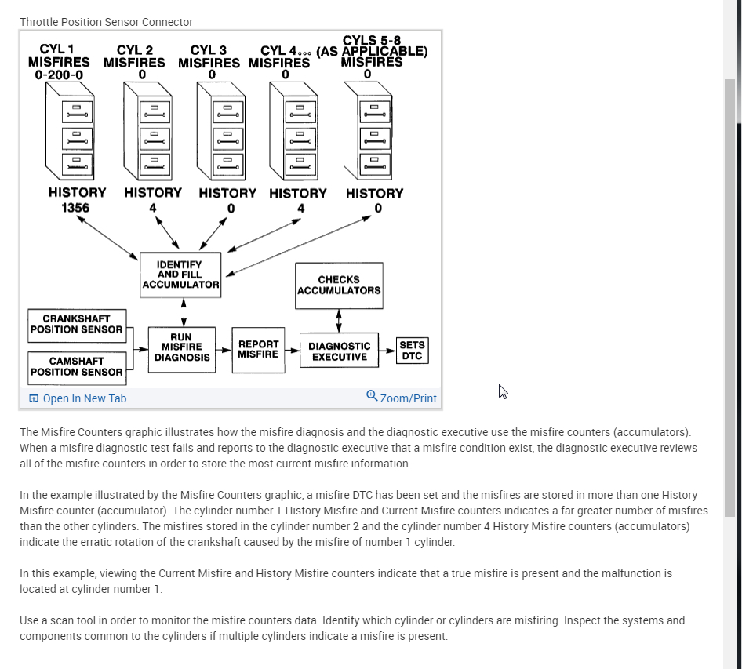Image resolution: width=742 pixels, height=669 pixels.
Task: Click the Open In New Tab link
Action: click(84, 398)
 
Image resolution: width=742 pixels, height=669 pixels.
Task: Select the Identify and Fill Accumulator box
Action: click(180, 275)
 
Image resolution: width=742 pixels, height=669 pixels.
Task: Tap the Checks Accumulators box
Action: click(339, 285)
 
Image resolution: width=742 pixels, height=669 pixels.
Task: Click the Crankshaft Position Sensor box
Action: click(76, 324)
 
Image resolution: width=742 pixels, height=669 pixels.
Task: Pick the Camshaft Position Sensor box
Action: click(76, 366)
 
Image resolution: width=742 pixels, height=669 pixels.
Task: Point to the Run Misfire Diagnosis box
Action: click(182, 347)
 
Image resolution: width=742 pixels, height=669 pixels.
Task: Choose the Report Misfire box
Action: click(258, 349)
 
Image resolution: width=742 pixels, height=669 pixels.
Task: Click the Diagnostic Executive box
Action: click(339, 351)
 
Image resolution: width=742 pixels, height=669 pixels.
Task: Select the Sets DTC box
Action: click(412, 350)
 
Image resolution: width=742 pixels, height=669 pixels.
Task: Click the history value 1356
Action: click(75, 208)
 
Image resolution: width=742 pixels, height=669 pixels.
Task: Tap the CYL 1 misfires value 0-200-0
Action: click(58, 75)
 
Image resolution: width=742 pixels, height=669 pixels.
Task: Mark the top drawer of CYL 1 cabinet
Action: click(77, 111)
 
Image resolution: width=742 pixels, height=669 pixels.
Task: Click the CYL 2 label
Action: click(135, 50)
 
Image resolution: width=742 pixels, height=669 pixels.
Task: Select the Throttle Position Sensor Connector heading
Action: click(106, 22)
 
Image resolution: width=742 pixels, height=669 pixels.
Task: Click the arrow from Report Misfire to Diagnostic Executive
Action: click(291, 350)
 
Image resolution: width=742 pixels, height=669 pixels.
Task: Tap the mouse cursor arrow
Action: click(503, 391)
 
